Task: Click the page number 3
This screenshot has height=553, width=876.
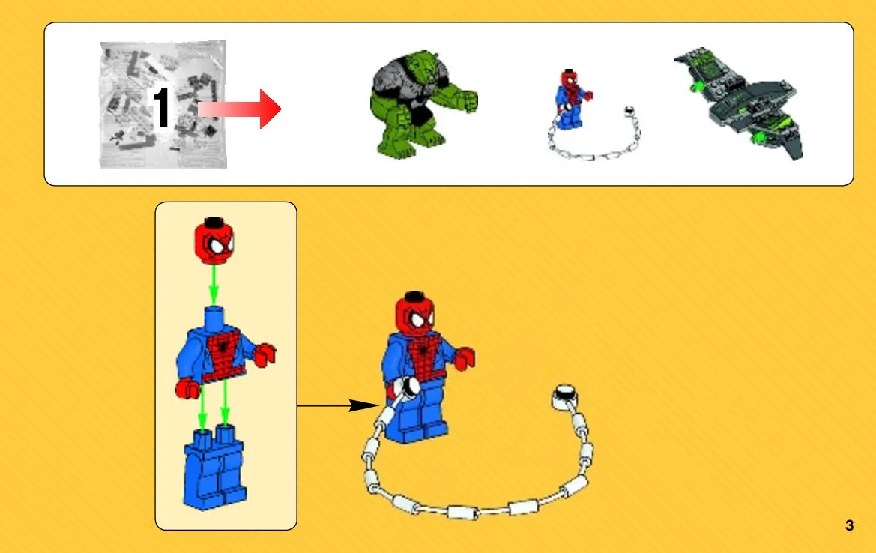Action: [849, 525]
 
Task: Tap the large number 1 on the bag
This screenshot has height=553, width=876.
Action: [161, 106]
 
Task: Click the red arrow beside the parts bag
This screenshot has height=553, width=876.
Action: [240, 109]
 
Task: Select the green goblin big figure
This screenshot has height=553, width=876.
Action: [423, 104]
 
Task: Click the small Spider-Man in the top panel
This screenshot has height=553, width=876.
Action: [572, 100]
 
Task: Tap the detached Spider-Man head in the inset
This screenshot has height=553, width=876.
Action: [214, 241]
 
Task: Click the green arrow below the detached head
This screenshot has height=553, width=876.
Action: [213, 285]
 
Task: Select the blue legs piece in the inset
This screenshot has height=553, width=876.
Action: [214, 468]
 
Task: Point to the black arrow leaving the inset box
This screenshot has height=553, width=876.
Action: [339, 405]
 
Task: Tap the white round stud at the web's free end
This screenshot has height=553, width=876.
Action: [565, 397]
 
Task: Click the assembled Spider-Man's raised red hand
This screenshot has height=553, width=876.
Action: [465, 358]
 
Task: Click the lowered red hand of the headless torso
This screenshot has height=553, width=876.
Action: [187, 387]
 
